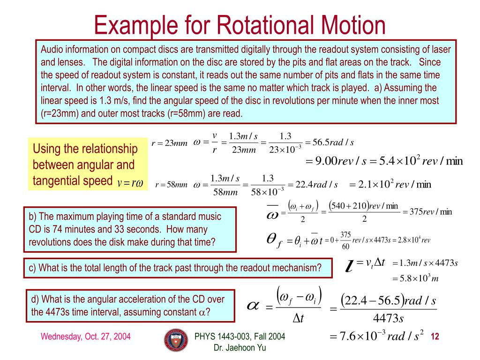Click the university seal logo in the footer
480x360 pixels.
point(175,340)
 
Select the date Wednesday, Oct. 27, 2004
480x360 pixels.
point(85,337)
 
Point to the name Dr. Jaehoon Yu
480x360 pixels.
point(240,347)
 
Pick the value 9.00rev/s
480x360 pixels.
point(335,161)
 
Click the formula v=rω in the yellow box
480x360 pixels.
point(130,182)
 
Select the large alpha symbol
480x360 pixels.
point(253,305)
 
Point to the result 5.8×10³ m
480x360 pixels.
point(418,278)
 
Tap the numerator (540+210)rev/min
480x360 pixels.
point(364,206)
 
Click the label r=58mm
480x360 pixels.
point(171,185)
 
